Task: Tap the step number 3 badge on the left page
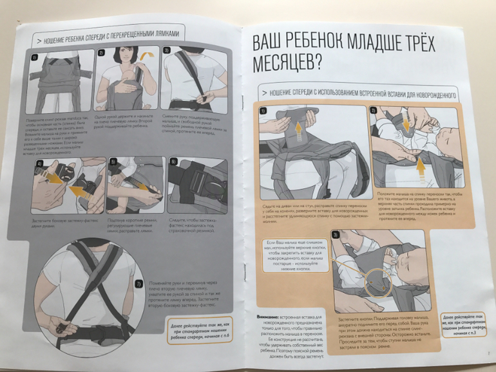[x=166, y=50]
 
